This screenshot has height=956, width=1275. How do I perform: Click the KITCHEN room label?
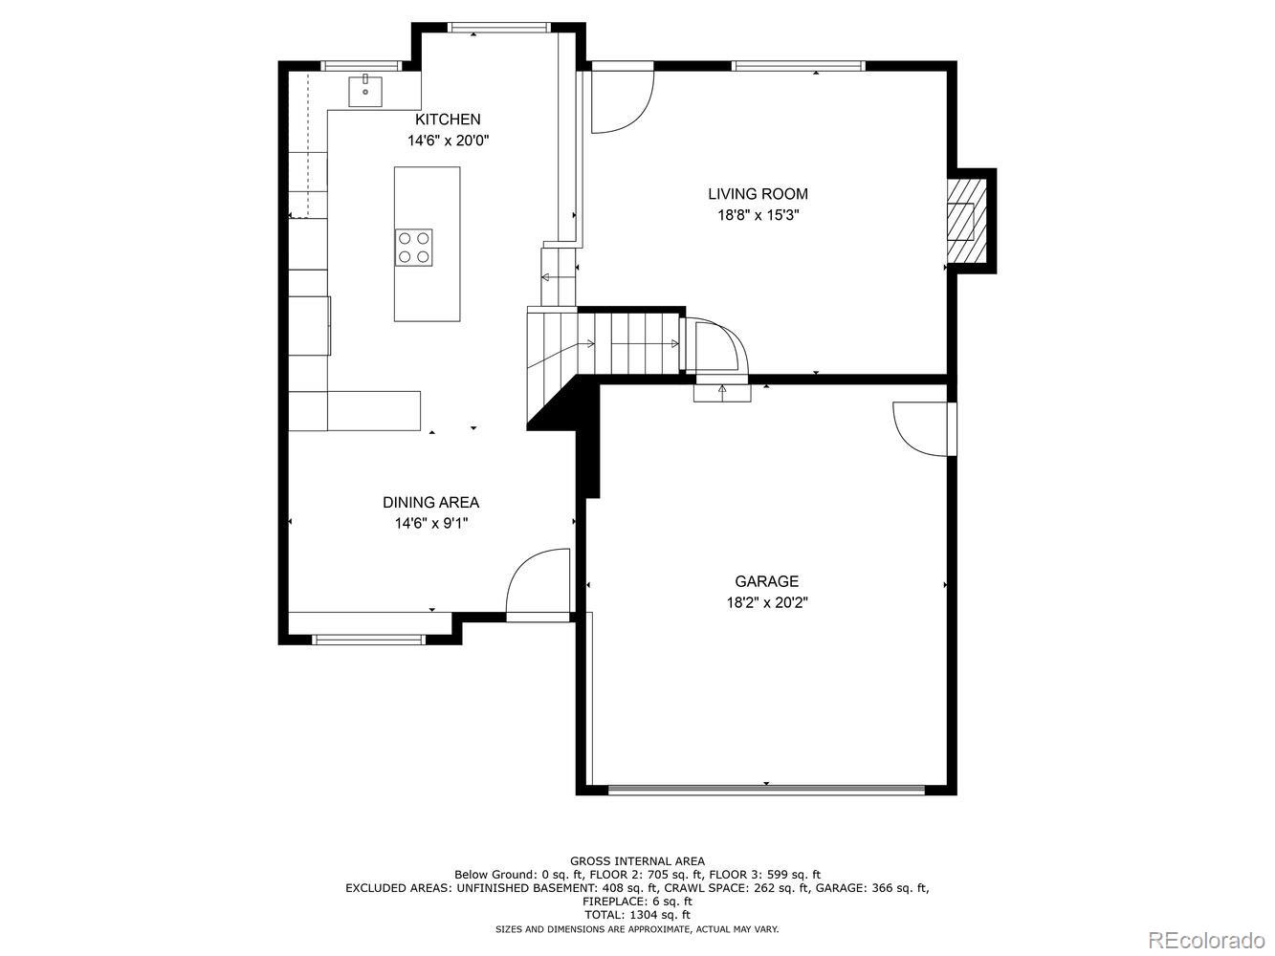point(447,119)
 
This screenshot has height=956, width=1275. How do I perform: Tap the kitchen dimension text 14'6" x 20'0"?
point(448,141)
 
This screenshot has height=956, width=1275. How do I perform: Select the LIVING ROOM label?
point(758,194)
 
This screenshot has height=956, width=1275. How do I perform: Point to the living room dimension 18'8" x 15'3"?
point(758,215)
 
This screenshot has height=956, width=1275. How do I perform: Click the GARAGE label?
point(766,581)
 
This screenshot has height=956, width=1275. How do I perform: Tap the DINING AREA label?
point(430,502)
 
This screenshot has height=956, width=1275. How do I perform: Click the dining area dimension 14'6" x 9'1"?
point(430,523)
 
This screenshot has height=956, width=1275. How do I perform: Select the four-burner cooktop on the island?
point(414,247)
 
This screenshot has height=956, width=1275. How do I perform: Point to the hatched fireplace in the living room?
point(964,220)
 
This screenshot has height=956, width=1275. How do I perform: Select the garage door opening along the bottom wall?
point(766,790)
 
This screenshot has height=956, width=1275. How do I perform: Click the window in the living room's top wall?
point(798,66)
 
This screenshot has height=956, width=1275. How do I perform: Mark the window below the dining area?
point(369,639)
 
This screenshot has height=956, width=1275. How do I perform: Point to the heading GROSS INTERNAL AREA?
point(637,860)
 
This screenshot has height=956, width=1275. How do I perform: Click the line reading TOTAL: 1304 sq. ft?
point(637,915)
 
